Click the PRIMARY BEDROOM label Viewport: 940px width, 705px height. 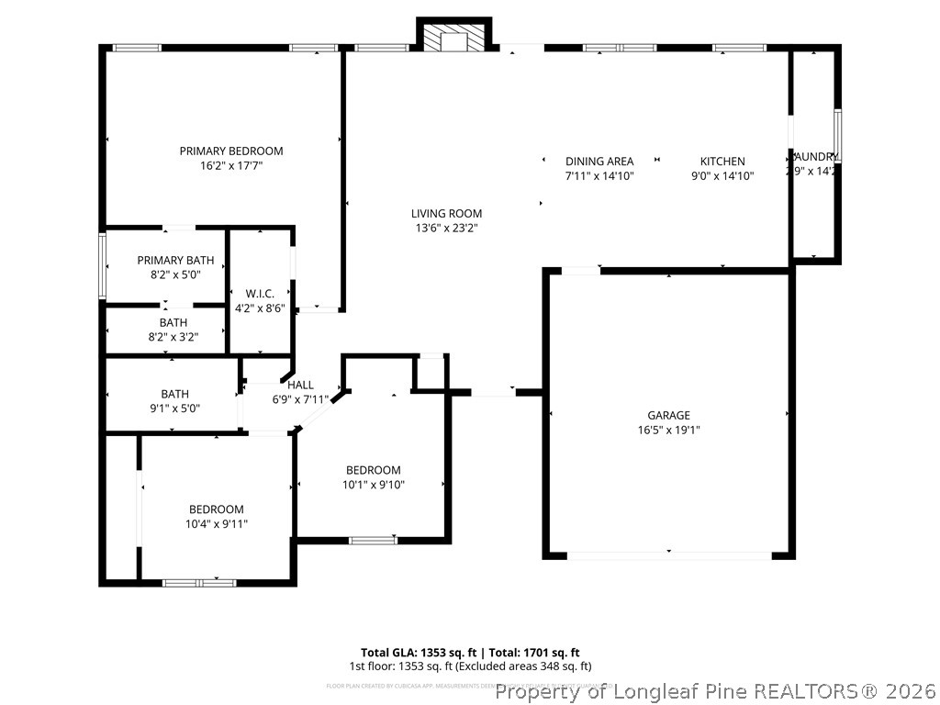230,151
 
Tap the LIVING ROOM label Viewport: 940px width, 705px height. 446,213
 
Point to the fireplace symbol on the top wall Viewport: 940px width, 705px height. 454,38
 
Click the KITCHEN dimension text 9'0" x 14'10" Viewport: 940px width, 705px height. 722,175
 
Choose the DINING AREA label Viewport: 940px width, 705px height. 599,161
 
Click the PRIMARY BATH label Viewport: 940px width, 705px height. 175,260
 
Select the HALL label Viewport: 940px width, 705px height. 300,385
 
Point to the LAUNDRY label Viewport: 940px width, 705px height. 814,156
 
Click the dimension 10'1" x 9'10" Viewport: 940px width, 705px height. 374,485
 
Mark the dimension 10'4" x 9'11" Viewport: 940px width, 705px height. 217,524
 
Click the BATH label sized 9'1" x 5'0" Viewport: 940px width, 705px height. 174,394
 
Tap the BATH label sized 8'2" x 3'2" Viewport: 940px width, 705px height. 173,322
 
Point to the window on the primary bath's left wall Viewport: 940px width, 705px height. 103,265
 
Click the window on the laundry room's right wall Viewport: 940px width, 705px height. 837,136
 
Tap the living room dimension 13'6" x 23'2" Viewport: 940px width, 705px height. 446,228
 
